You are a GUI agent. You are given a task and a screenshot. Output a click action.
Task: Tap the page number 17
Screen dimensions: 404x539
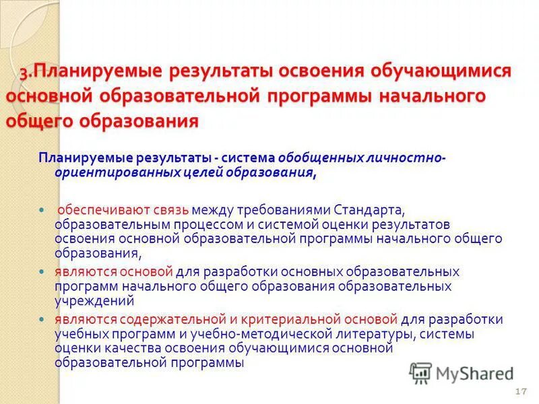click(519, 393)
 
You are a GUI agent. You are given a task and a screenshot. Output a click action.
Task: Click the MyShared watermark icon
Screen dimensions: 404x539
click(420, 372)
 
